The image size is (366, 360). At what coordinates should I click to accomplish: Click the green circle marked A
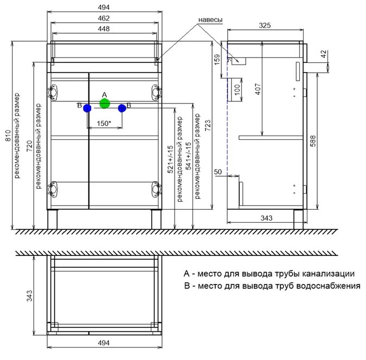[x=105, y=104]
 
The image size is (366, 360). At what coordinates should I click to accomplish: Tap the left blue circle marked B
[x=87, y=108]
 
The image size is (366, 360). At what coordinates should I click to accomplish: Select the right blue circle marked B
[x=122, y=108]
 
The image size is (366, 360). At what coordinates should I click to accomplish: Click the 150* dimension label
[x=104, y=123]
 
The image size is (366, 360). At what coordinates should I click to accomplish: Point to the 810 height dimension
[x=8, y=136]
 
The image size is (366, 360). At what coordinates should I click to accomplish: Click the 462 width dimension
[x=104, y=18]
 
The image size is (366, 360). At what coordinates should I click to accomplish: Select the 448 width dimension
[x=104, y=29]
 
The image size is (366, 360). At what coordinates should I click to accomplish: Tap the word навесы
[x=210, y=20]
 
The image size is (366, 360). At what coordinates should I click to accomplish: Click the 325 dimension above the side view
[x=265, y=25]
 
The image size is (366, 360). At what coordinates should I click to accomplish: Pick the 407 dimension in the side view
[x=258, y=89]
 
